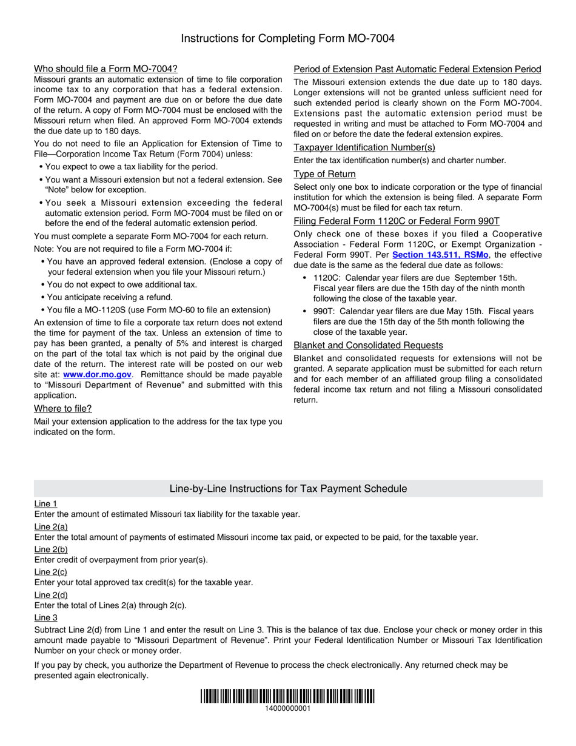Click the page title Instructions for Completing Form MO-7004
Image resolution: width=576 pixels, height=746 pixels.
(x=287, y=39)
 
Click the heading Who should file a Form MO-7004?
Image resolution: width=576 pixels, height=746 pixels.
(x=105, y=69)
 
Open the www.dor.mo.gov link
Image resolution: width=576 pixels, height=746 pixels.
(x=97, y=375)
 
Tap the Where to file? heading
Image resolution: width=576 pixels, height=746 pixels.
(x=63, y=409)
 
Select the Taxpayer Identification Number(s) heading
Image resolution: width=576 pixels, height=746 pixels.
(x=364, y=147)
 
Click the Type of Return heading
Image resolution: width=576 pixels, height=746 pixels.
(x=324, y=174)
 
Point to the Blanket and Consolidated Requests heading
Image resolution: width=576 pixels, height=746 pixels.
(x=368, y=345)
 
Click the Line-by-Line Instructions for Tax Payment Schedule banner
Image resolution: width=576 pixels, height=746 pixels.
(x=288, y=489)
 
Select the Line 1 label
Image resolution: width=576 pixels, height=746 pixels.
(x=46, y=503)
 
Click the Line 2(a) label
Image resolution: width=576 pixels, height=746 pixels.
(x=51, y=526)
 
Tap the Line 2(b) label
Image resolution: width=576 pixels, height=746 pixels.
(x=51, y=549)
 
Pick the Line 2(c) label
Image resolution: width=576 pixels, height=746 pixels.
(x=51, y=572)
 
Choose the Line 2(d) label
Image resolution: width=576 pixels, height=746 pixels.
(x=51, y=595)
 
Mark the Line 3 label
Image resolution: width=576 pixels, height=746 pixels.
(x=46, y=617)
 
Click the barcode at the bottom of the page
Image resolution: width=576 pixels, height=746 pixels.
(x=287, y=696)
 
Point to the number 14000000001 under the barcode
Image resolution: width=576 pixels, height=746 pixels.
(x=287, y=708)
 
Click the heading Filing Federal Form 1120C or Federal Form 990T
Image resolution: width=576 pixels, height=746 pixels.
(x=397, y=221)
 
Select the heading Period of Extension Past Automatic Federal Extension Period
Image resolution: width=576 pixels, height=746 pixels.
(x=417, y=69)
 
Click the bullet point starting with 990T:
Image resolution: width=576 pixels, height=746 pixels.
(x=418, y=322)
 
